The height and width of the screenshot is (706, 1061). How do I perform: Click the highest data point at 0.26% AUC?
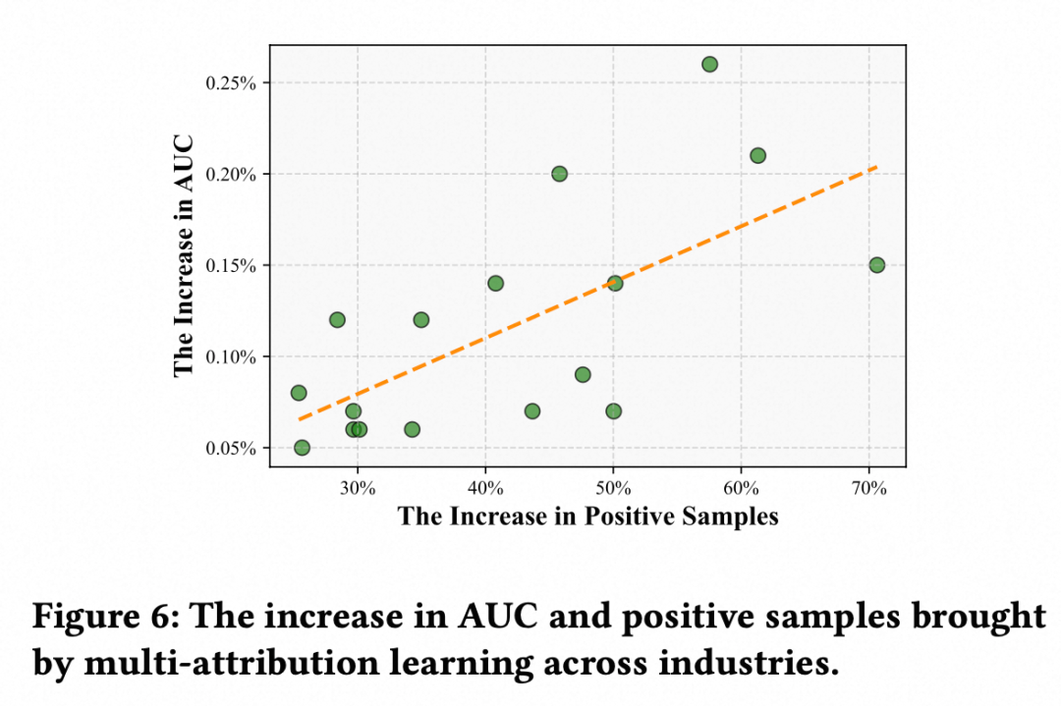click(x=709, y=64)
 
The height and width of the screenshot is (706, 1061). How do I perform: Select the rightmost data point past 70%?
click(x=876, y=265)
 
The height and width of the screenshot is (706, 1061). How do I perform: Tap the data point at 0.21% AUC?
click(x=757, y=155)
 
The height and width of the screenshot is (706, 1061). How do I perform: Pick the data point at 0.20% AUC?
click(x=559, y=174)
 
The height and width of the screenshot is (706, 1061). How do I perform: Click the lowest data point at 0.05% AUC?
click(x=302, y=448)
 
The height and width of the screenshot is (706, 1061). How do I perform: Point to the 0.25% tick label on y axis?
click(x=231, y=83)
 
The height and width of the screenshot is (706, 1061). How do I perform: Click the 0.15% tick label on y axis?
click(x=231, y=266)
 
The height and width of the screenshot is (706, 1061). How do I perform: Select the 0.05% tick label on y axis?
click(x=231, y=449)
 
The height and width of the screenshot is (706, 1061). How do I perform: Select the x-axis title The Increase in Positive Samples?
click(x=587, y=516)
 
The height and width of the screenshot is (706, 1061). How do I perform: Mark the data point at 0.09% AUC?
click(x=583, y=374)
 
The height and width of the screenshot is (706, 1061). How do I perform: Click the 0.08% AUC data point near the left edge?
click(x=299, y=393)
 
